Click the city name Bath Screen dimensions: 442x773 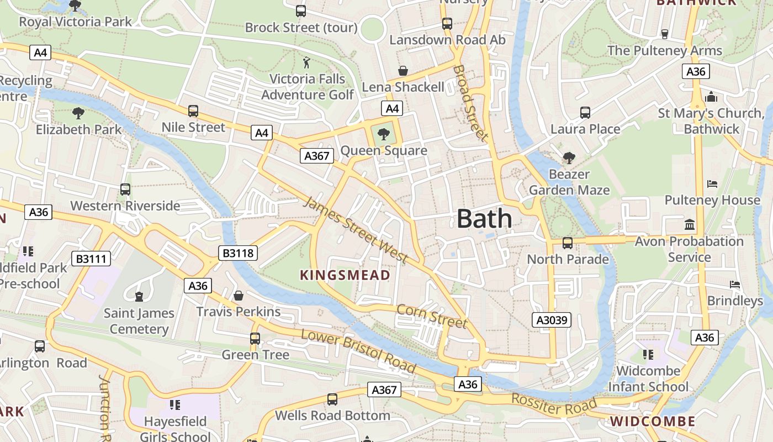[484, 219]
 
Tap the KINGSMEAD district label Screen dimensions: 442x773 [345, 275]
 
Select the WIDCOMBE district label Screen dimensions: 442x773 [653, 422]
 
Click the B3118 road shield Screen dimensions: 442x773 [239, 253]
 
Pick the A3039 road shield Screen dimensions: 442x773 [552, 320]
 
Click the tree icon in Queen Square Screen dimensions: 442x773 [384, 133]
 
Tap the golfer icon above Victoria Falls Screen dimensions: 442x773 [307, 62]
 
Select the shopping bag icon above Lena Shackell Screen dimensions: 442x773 [403, 71]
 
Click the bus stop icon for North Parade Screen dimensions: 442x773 [567, 243]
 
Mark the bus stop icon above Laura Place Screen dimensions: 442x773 [585, 112]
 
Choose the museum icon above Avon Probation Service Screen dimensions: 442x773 [690, 224]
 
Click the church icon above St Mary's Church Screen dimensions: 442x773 [711, 97]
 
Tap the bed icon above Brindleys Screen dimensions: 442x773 [735, 285]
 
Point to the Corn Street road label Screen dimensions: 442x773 [432, 316]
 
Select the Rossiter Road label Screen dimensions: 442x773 [554, 405]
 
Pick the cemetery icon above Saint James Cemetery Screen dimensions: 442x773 [139, 297]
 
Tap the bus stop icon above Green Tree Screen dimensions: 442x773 [255, 338]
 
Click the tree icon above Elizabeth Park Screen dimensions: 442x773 [78, 113]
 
